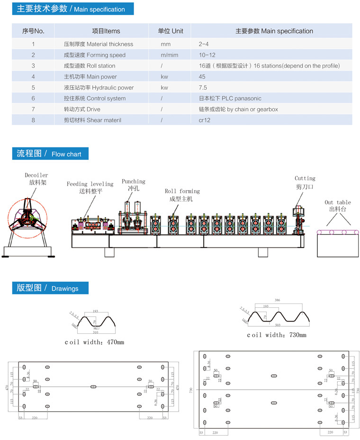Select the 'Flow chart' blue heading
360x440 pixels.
point(50,154)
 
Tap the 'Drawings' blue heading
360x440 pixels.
point(50,288)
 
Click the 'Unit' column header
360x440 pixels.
point(171,31)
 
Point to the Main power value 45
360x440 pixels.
point(202,77)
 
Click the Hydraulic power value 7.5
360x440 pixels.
point(203,88)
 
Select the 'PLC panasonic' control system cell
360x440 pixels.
point(230,99)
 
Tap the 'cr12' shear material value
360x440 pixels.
point(205,120)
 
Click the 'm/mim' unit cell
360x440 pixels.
point(169,55)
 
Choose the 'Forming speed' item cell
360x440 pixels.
point(95,55)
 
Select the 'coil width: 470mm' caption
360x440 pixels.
point(95,342)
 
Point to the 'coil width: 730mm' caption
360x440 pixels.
point(277,335)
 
